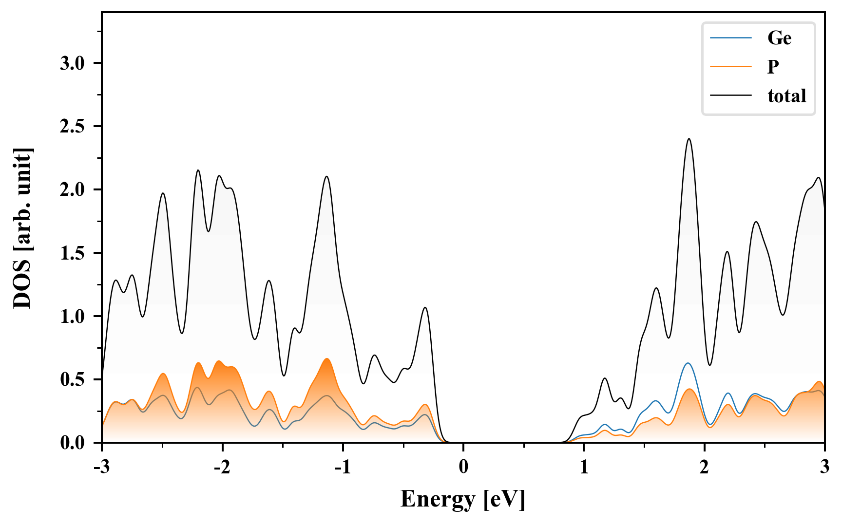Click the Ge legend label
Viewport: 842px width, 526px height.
pos(779,38)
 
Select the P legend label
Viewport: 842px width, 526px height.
pos(773,66)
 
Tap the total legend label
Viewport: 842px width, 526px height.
pos(787,95)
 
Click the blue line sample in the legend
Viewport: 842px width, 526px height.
pos(731,38)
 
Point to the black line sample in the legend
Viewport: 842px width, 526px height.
pos(731,95)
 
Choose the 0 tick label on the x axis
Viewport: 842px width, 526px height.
pos(463,467)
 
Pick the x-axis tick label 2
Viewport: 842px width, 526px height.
pos(704,467)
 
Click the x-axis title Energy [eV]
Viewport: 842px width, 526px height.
pos(463,499)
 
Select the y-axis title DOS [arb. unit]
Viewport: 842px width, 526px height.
pos(22,228)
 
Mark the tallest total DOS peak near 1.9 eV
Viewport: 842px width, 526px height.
pos(689,139)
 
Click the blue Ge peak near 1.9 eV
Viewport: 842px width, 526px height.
pos(688,363)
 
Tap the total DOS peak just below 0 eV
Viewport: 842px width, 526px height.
pos(425,308)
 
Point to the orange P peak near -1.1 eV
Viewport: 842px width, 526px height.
pos(327,359)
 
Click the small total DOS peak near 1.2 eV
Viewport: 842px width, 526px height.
pos(605,378)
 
